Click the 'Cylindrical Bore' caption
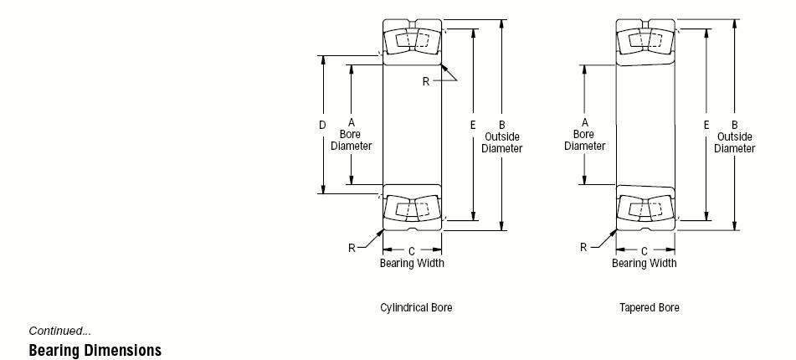point(416,307)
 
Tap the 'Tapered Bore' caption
point(649,307)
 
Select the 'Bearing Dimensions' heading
point(95,350)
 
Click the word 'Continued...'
point(60,331)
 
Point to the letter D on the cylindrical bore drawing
point(322,126)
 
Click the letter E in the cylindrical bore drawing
point(473,126)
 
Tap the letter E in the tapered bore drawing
point(706,126)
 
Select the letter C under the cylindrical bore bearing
point(412,250)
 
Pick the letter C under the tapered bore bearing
point(645,250)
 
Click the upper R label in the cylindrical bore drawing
point(425,81)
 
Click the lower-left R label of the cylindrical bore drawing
point(352,247)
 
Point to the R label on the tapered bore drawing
point(583,247)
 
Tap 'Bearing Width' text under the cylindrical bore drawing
point(412,263)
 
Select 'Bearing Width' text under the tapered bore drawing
point(645,263)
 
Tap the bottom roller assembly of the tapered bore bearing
point(645,208)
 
